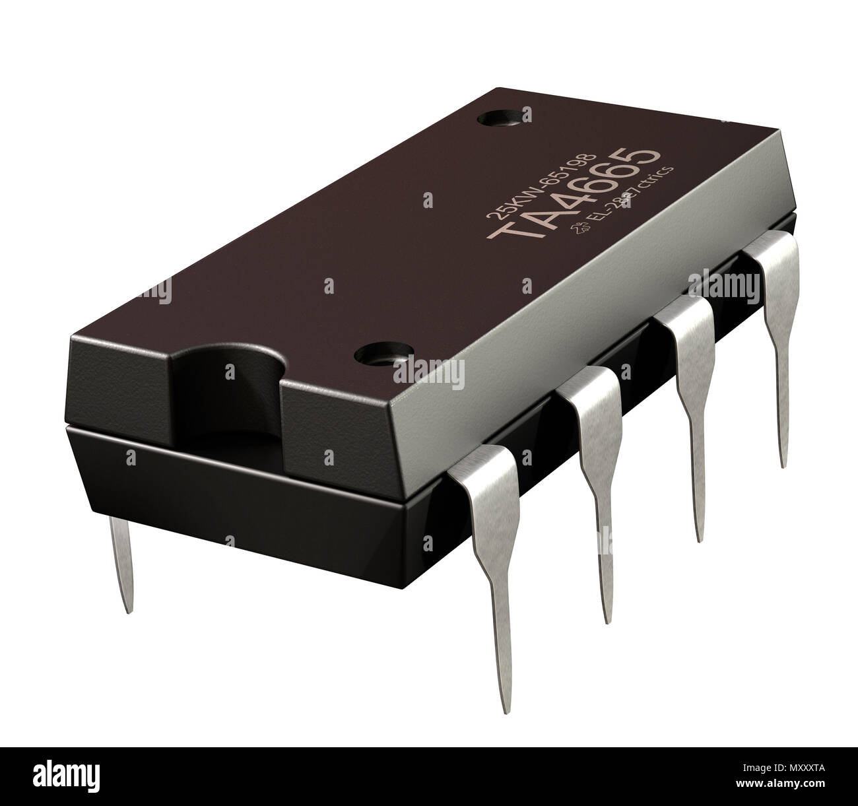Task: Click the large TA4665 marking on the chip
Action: click(x=572, y=197)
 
